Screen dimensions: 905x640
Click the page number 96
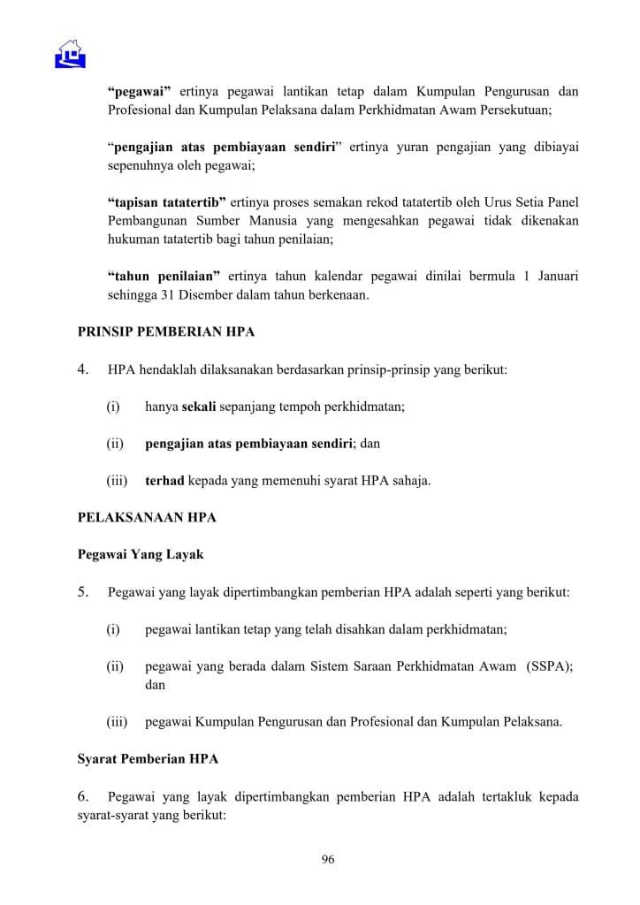tap(328, 859)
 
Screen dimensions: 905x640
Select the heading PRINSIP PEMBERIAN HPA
tap(166, 332)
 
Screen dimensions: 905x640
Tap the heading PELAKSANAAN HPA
tap(147, 517)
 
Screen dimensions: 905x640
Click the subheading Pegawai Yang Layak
tap(141, 554)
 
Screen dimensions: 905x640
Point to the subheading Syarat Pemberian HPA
tap(148, 758)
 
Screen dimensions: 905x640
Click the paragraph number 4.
tap(84, 369)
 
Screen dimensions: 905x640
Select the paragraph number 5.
tap(84, 591)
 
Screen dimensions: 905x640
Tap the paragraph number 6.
tap(84, 796)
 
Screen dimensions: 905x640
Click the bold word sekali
tap(199, 407)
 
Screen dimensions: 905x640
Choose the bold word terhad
tap(164, 481)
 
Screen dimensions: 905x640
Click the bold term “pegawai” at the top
tap(139, 91)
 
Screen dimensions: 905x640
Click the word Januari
tap(555, 277)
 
